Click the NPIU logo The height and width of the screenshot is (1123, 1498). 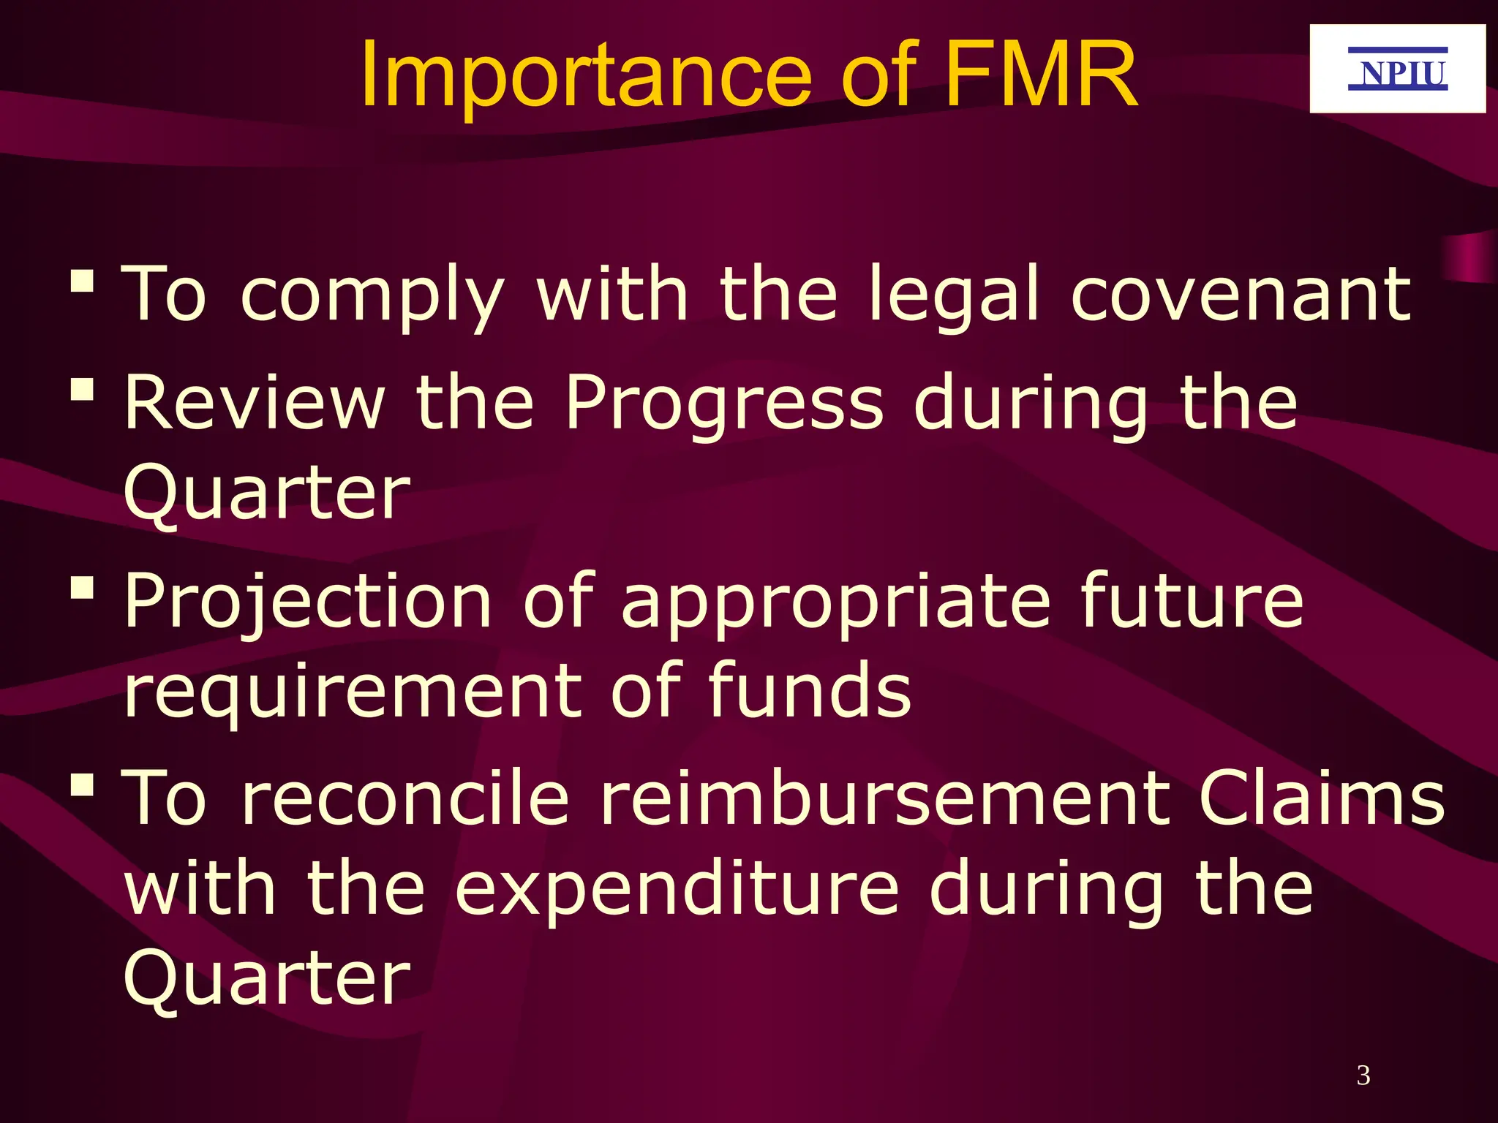coord(1397,69)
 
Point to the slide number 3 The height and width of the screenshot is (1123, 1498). coord(1363,1075)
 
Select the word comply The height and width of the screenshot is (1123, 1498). coord(372,296)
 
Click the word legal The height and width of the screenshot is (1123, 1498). coord(953,296)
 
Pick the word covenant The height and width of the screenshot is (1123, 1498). coord(1241,295)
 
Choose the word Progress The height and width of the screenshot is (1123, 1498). coord(724,404)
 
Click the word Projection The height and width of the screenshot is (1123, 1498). coord(307,602)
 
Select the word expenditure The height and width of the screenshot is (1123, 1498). coord(677,888)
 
